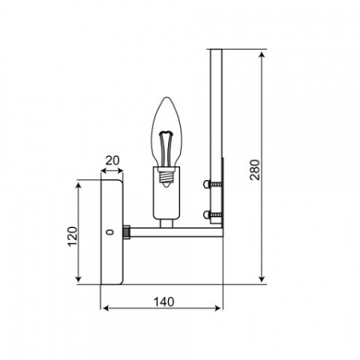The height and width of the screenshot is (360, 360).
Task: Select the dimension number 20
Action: tap(112, 160)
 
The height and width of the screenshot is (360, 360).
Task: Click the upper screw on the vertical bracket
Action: tap(211, 185)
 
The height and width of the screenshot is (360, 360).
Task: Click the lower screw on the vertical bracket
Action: tap(211, 214)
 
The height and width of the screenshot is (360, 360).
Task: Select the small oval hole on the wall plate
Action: tap(110, 233)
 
